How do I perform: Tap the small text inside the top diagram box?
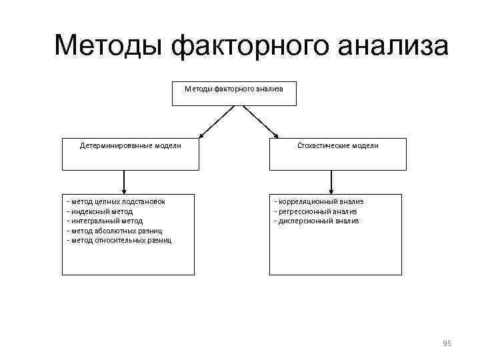pos(234,89)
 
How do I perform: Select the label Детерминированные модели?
pos(131,145)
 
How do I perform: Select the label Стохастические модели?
pos(337,145)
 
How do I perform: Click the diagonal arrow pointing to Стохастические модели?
pos(259,123)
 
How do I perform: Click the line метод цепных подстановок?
pos(117,201)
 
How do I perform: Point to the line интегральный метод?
pos(105,221)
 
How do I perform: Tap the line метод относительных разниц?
pos(119,240)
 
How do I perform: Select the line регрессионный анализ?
pos(317,211)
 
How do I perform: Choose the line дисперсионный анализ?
pos(317,221)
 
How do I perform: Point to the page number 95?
pos(447,343)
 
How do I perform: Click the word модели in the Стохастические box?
pos(365,145)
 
